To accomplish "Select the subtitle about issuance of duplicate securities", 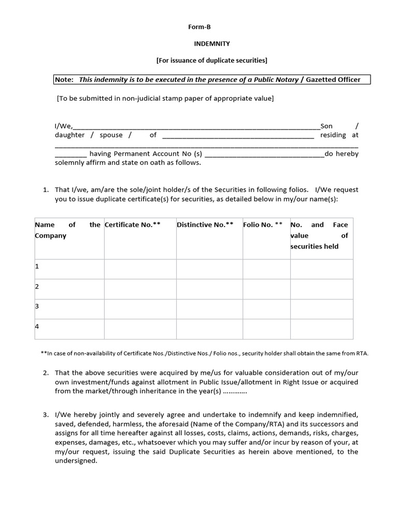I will [x=211, y=61].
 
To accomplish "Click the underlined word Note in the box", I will [x=64, y=79].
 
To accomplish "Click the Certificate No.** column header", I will [x=133, y=225].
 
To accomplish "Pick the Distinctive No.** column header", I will [x=205, y=225].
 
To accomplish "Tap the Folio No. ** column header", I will [x=263, y=225].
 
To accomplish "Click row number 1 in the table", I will [x=37, y=267].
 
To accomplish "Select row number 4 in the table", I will [x=37, y=327].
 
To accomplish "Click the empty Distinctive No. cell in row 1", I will [x=209, y=269].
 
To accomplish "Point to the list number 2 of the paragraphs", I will [x=46, y=373].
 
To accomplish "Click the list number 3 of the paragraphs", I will [x=46, y=415].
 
